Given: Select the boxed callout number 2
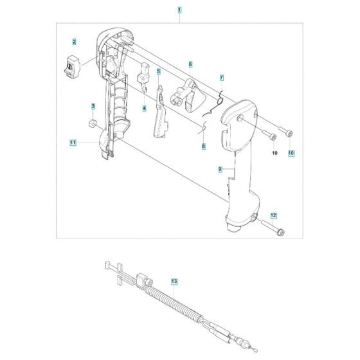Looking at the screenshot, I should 75,42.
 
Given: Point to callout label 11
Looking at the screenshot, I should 73,142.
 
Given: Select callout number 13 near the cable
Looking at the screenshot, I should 174,282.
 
